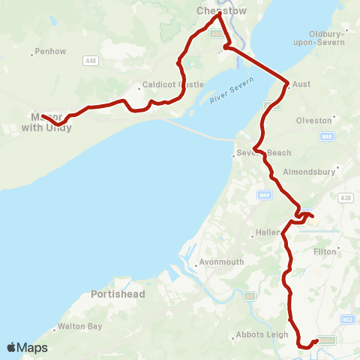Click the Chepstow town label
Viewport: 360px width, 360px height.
coord(216,11)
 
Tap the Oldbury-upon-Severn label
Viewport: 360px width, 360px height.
coord(326,38)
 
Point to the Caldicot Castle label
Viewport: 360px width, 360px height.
coord(172,85)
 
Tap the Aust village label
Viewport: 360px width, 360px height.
coord(300,85)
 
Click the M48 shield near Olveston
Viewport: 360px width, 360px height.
coord(326,136)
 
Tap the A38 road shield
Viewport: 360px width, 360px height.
coord(345,198)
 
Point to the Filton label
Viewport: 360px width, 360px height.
coord(325,252)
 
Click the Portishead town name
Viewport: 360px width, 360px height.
coord(118,294)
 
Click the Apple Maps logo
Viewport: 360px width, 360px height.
coord(27,347)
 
